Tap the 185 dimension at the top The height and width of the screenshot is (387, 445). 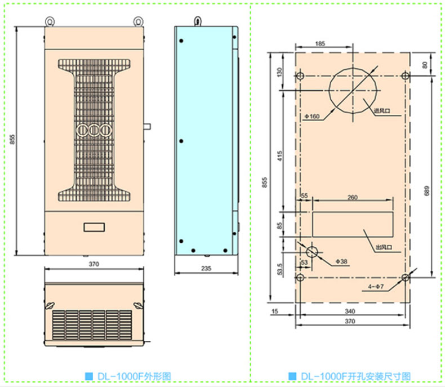(320, 43)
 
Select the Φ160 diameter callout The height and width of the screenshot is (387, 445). (312, 116)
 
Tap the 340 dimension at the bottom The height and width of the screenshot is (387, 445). (350, 311)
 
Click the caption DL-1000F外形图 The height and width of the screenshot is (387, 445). (127, 376)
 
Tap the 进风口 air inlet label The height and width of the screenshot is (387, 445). (382, 111)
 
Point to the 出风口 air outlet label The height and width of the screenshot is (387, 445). (384, 247)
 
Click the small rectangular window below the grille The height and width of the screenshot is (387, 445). (94, 227)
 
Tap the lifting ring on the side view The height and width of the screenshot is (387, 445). (197, 21)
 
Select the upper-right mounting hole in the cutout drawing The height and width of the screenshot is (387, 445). (406, 75)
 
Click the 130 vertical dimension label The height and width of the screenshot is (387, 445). (280, 72)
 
